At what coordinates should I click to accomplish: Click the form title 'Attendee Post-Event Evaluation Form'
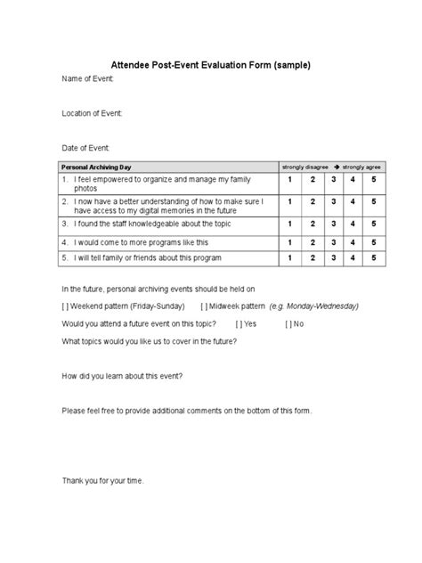point(210,65)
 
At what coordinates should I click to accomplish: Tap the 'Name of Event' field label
point(87,80)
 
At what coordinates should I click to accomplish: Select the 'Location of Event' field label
point(92,113)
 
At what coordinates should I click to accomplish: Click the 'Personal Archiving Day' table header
point(95,167)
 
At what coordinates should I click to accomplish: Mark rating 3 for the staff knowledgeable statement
point(332,224)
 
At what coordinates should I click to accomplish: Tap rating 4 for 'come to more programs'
point(353,241)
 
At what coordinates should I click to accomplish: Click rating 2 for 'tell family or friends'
point(312,257)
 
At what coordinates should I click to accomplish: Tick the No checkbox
point(289,323)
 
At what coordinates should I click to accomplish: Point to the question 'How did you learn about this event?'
point(122,375)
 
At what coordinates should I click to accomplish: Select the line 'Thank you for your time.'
point(101,481)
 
